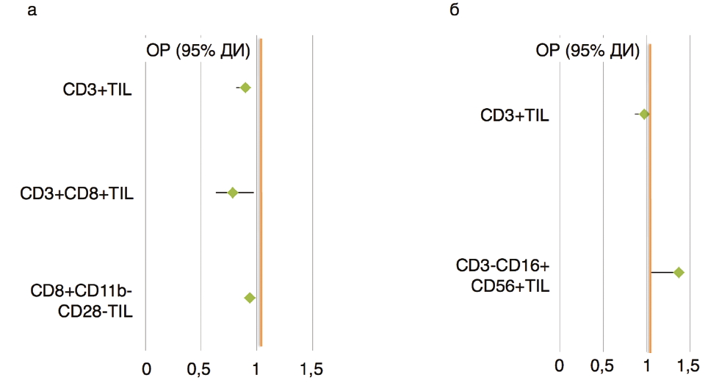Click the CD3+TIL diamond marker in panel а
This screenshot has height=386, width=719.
point(245,88)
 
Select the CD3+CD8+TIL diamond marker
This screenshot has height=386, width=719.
point(233,193)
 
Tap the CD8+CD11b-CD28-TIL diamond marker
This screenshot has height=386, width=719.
point(250,298)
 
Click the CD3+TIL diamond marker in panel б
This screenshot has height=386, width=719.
point(644,114)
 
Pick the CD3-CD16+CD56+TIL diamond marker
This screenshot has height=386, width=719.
point(679,273)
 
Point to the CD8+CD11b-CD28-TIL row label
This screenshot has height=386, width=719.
point(82,301)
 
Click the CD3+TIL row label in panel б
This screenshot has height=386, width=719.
point(515,115)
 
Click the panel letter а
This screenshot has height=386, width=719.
point(32,11)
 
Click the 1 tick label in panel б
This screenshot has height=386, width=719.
point(647,365)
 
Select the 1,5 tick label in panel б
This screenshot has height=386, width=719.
point(687,365)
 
